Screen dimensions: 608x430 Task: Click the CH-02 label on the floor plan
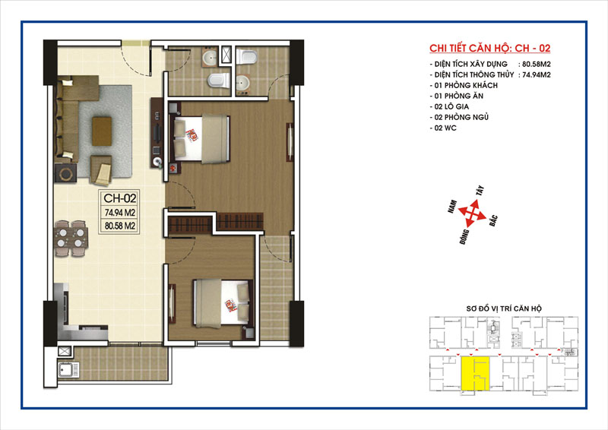coord(120,198)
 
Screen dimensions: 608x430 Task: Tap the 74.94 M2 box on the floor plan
coord(120,213)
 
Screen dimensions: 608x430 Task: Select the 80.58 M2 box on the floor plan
coord(120,226)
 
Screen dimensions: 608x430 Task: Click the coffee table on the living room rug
coord(102,131)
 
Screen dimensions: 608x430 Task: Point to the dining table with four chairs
coord(71,238)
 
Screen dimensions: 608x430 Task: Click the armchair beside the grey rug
coord(101,170)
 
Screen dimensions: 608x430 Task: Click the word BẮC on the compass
coord(492,220)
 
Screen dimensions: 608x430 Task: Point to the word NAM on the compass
coord(452,207)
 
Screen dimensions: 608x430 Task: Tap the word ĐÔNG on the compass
coord(464,236)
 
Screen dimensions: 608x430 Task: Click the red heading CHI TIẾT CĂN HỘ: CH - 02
coord(489,48)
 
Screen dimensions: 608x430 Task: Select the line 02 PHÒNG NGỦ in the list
coord(459,117)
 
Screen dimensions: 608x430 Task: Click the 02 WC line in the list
coord(443,128)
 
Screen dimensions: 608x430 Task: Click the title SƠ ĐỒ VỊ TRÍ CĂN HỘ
coord(504,308)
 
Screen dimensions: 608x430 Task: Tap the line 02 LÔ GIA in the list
coord(449,106)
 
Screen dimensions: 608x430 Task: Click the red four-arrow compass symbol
coord(472,213)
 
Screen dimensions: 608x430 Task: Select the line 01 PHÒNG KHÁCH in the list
coord(464,85)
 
